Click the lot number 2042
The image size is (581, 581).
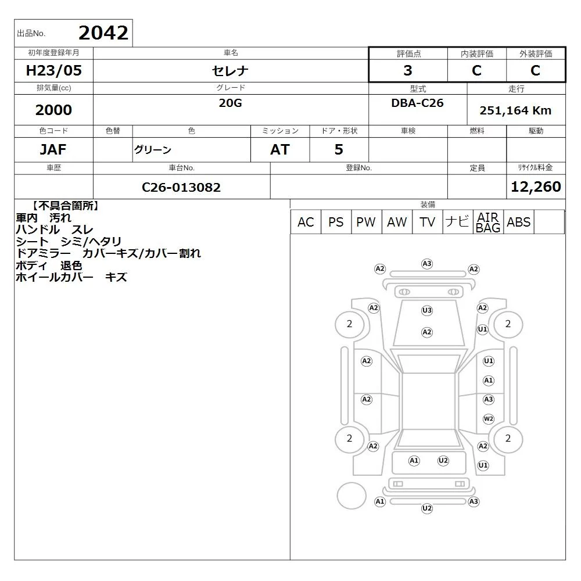pos(103,33)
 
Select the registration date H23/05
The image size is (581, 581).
pos(53,70)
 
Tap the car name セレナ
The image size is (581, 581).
pos(230,71)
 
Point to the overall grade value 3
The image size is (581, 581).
pos(408,70)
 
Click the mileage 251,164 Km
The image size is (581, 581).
pos(515,110)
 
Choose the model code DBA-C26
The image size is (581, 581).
pos(417,103)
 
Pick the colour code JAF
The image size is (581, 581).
pos(53,149)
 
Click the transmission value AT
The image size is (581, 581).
pos(280,149)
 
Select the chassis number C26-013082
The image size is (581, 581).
pos(181,187)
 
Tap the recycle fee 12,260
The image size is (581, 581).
pos(536,187)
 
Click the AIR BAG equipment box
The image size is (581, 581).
pos(488,222)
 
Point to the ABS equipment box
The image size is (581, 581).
pos(519,222)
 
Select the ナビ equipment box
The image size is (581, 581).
pos(458,222)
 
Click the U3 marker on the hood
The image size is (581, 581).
pos(427,310)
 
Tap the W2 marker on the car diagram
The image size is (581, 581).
pos(489,419)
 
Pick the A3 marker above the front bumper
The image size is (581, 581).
pos(427,264)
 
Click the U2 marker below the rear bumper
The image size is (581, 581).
pos(427,508)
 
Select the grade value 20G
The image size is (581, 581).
pos(230,103)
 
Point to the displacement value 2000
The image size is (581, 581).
pos(53,110)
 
